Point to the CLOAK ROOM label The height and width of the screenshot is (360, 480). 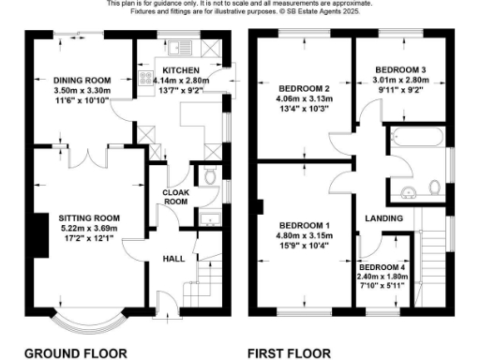click(176, 195)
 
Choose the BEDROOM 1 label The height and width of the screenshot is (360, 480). click(303, 226)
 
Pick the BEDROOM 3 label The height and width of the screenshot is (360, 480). click(400, 70)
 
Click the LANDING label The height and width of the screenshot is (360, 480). click(384, 218)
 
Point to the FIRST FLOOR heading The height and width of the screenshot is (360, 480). click(289, 353)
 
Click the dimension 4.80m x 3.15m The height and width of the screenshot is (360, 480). click(303, 237)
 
